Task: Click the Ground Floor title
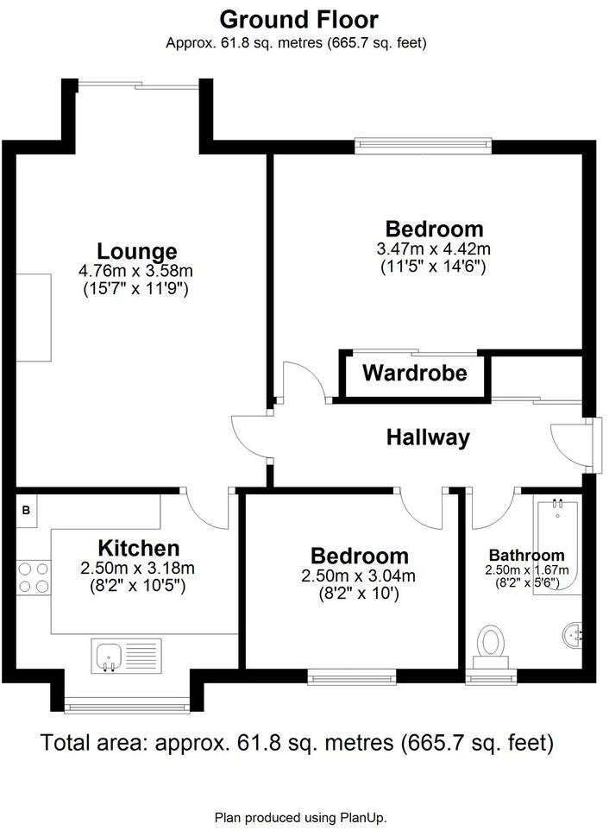(298, 19)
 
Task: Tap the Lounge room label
(136, 252)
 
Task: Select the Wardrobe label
(414, 374)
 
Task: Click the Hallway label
(428, 438)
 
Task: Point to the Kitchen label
(138, 549)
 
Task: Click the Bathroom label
(526, 556)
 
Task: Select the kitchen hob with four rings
(33, 577)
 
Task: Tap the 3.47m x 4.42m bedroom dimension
(434, 250)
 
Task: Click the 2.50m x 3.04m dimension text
(359, 576)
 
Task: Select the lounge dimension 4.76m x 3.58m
(137, 272)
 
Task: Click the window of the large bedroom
(424, 145)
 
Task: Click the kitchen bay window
(126, 706)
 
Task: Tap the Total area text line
(297, 742)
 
